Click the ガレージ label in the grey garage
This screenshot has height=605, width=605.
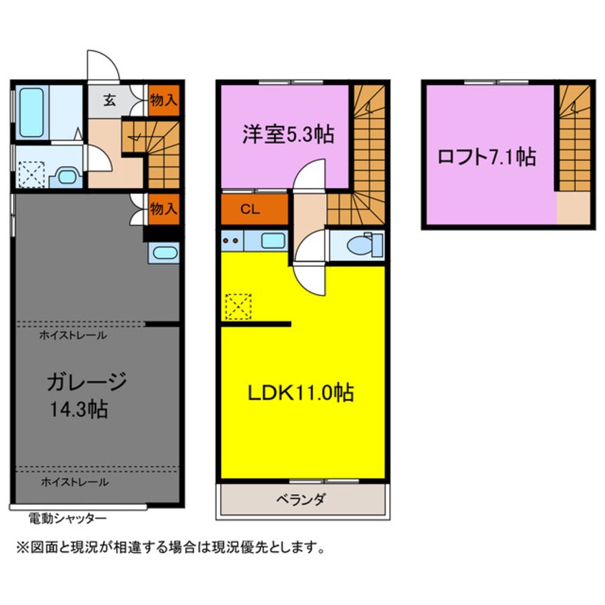point(87,382)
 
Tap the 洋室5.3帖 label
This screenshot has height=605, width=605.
point(287,134)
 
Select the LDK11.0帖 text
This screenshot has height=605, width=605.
point(300,393)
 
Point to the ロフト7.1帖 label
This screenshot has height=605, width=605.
point(486,157)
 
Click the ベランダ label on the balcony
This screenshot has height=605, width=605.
point(301,500)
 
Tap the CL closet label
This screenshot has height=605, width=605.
point(250,210)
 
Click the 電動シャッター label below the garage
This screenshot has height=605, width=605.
point(67,518)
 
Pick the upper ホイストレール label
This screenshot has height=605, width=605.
point(73,335)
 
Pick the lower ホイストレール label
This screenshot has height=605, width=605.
point(75,481)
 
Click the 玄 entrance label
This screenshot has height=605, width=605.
point(109,100)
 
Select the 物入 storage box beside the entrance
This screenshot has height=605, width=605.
point(164,100)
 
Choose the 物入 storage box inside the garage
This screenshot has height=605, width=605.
point(164,209)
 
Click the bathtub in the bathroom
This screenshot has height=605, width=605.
point(31,112)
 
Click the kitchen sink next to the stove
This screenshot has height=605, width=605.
point(273,241)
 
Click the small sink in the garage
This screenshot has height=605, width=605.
point(164,252)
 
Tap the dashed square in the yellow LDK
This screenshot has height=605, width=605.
point(238,307)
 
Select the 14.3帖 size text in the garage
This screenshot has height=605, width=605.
point(79,409)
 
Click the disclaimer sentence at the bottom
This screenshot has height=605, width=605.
point(170,547)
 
